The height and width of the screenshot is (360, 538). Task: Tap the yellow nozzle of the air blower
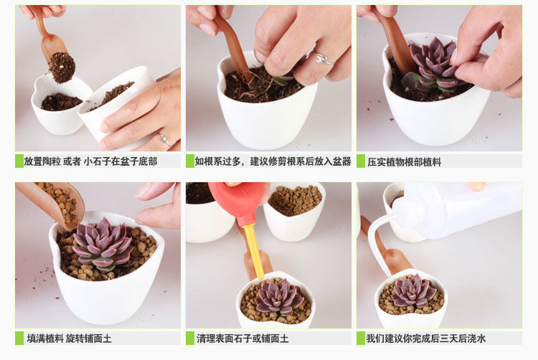(253, 250)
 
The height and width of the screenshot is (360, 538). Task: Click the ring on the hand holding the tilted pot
(165, 139)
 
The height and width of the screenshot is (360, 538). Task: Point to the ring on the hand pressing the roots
(323, 59)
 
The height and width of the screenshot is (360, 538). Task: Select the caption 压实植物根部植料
(404, 162)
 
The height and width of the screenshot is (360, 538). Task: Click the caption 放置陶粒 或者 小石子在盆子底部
(90, 161)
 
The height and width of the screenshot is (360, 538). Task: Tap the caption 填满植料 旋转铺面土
(70, 338)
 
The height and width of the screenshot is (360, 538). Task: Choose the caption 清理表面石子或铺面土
(242, 338)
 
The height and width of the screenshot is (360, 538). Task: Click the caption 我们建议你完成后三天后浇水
(426, 338)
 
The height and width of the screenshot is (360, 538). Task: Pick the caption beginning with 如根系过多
(273, 161)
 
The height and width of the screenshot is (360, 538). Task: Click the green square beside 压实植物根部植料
(361, 161)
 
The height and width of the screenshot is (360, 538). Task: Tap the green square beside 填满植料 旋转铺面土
(19, 338)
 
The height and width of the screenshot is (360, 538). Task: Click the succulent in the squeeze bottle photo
(414, 291)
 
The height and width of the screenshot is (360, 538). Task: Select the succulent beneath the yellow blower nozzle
(278, 297)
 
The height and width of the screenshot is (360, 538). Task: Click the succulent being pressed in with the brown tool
(433, 66)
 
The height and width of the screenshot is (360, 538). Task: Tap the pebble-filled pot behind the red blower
(294, 212)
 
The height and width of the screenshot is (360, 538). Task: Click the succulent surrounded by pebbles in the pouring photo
(103, 245)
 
